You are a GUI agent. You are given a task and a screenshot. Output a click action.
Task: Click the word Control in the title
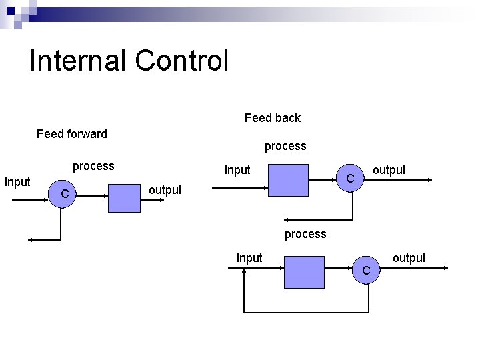(x=181, y=61)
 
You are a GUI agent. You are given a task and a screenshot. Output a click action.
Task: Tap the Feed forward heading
(x=72, y=134)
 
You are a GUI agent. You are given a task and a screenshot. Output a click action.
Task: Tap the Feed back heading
(x=272, y=118)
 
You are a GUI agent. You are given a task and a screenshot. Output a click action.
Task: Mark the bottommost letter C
(x=366, y=271)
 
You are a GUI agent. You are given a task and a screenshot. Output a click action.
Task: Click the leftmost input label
(x=17, y=181)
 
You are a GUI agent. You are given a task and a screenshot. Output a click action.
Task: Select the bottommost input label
(x=249, y=258)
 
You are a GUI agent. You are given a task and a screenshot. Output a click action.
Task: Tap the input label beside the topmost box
(x=237, y=170)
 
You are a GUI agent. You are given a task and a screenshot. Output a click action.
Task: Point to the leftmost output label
(x=165, y=190)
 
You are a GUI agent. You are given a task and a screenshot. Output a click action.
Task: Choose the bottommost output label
(x=409, y=258)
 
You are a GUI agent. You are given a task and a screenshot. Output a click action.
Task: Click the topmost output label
(x=389, y=170)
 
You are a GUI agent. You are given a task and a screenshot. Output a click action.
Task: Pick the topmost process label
(x=285, y=145)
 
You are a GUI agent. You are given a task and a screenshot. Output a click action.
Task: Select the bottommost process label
(x=305, y=234)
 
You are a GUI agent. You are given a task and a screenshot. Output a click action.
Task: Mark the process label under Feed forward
(x=93, y=166)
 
